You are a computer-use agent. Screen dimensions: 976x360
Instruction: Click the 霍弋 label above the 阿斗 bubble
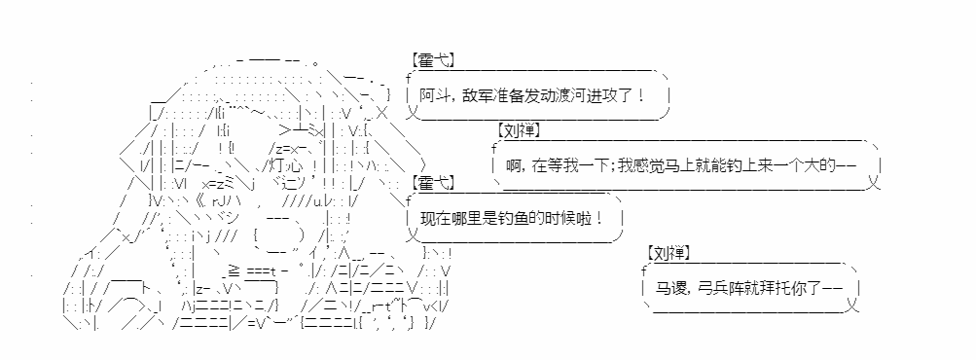pos(433,61)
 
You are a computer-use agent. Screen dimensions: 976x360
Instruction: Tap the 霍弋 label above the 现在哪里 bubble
pos(433,183)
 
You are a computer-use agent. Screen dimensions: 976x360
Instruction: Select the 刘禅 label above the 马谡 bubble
pos(669,253)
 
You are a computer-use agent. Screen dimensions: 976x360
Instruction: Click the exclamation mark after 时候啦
pos(598,219)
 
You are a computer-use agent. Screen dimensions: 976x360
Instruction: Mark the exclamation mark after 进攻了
pos(641,96)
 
